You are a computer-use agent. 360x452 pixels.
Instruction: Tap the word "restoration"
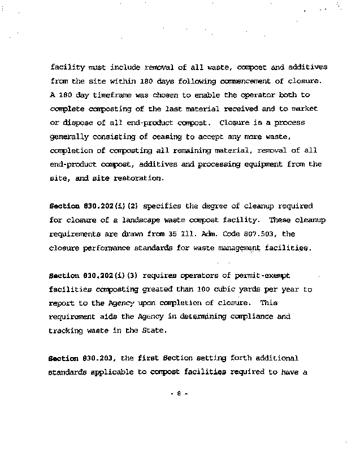click(142, 178)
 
